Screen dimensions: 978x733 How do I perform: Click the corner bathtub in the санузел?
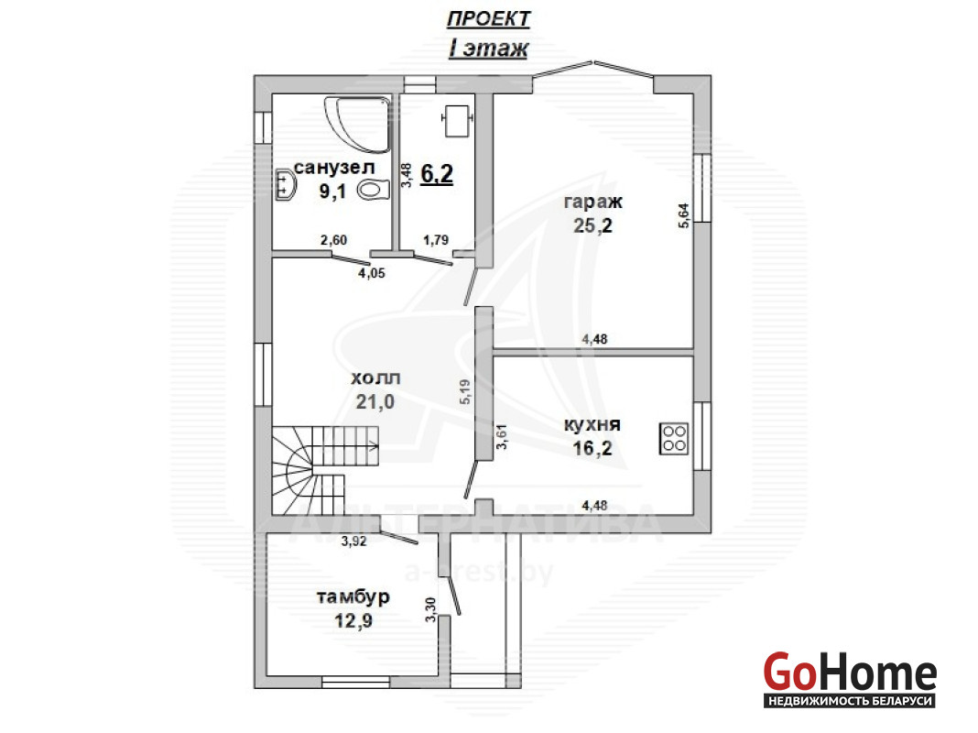357,124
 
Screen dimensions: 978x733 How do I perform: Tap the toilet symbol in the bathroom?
374,189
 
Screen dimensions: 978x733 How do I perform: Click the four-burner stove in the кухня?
674,438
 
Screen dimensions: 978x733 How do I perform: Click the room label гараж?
592,202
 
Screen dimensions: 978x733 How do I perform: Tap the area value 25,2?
592,225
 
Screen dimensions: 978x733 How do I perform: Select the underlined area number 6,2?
437,174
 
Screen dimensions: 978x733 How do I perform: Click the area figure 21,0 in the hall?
375,401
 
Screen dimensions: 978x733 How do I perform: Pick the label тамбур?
353,597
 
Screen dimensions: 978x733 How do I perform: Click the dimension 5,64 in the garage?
684,216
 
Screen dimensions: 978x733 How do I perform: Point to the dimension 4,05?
372,273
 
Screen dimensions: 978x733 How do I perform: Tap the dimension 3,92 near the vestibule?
353,542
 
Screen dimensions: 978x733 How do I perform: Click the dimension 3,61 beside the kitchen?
502,436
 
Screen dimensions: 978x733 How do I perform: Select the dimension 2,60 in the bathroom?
333,240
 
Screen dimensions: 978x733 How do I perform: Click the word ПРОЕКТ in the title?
488,19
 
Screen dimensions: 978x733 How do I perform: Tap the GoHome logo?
850,680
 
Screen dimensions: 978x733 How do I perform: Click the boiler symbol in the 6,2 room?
458,120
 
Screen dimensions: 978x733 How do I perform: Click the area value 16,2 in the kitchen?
592,448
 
